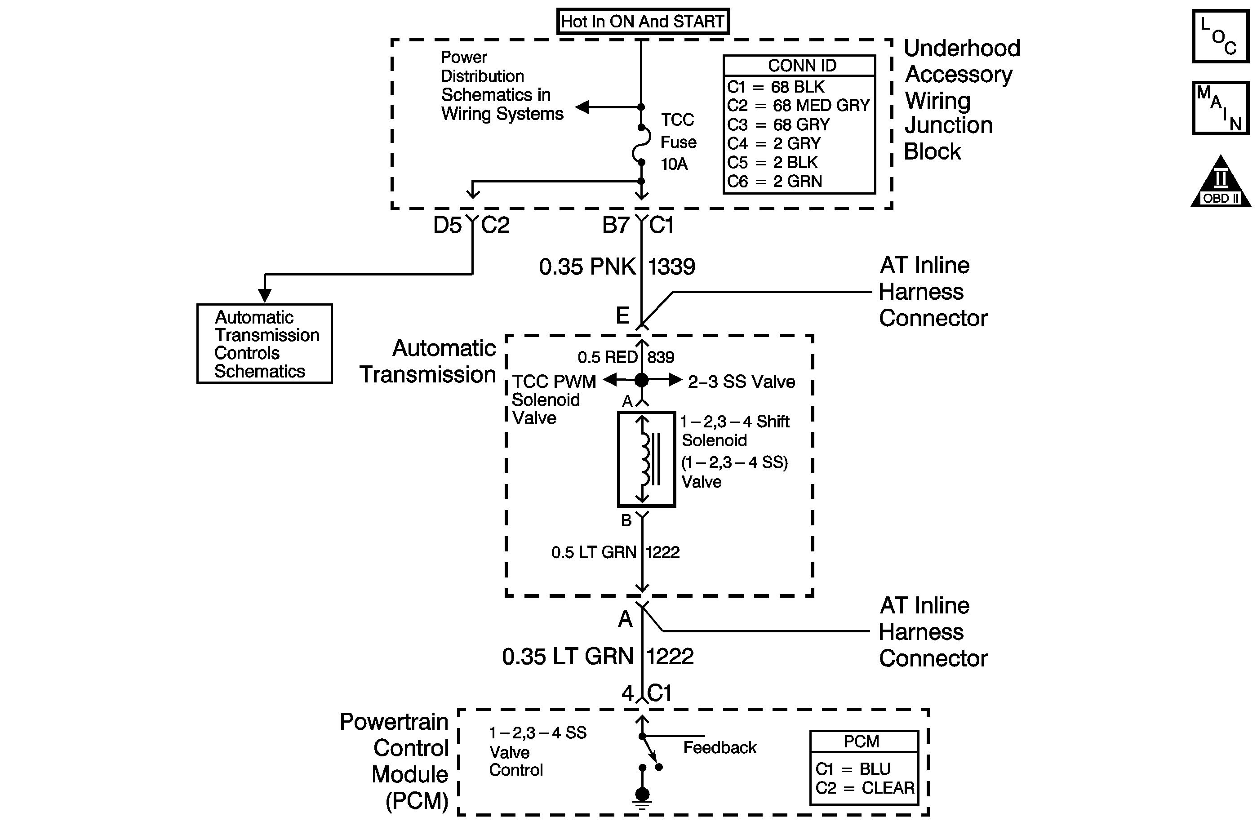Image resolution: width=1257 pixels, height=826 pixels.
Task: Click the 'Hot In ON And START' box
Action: [x=643, y=22]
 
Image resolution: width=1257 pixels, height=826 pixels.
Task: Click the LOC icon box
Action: [x=1221, y=36]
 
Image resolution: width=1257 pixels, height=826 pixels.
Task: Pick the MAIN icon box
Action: [x=1221, y=108]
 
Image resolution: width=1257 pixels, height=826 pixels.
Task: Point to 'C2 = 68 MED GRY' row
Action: [x=798, y=106]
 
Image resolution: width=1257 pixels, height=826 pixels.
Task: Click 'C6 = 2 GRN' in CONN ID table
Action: [x=774, y=182]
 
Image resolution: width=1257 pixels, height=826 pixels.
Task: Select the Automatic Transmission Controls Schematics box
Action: [x=265, y=344]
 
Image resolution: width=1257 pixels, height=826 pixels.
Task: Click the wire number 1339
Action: [x=671, y=266]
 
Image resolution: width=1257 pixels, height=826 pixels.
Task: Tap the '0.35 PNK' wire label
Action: [x=587, y=266]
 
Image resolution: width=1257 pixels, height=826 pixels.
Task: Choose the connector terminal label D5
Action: [x=447, y=226]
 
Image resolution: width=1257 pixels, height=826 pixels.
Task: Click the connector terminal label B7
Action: [x=616, y=226]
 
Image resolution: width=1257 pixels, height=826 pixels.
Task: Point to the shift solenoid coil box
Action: [x=646, y=459]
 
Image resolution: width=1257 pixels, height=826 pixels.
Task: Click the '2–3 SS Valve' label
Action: [x=741, y=381]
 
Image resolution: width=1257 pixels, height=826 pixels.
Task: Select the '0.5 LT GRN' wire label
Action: [x=593, y=552]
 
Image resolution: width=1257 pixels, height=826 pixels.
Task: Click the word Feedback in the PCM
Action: [x=720, y=748]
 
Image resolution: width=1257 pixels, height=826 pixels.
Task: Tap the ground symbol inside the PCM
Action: [x=642, y=798]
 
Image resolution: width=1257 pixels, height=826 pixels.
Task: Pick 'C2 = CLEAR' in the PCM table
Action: [x=864, y=788]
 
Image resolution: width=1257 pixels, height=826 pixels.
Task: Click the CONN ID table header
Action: [x=802, y=66]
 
